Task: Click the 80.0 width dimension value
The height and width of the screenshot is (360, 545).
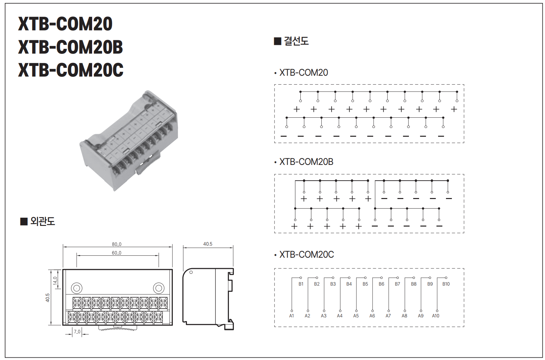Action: pos(116,244)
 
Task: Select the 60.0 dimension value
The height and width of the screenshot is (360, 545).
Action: pos(116,253)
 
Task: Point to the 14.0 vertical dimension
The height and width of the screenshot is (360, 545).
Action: pos(55,281)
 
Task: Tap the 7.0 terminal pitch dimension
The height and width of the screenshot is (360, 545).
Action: pos(77,332)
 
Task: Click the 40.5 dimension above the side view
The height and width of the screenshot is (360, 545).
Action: pos(208,244)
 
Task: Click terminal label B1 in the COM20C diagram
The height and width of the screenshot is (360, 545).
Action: pos(301,284)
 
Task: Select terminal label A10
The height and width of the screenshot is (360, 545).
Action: pos(435,316)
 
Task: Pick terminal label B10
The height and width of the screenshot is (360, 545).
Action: pos(446,284)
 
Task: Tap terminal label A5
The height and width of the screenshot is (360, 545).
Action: pos(356,316)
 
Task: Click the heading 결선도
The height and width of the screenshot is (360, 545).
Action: pos(296,41)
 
